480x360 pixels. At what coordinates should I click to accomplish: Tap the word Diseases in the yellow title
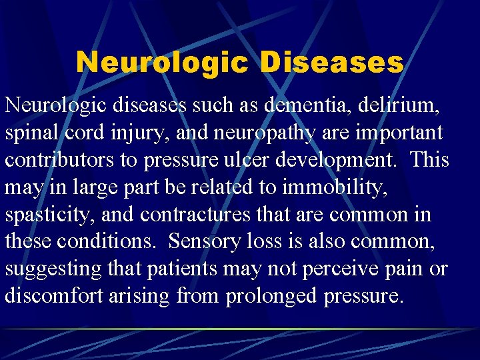click(331, 63)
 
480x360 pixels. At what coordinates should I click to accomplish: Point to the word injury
click(126, 133)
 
